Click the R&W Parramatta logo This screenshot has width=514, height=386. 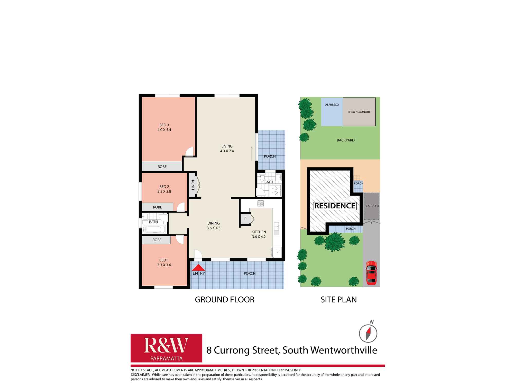(166, 348)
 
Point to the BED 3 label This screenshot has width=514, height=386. (164, 125)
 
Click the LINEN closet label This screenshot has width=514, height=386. (193, 185)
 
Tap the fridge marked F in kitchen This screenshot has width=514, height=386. (277, 252)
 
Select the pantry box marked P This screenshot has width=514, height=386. (245, 219)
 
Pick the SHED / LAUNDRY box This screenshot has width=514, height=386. (359, 112)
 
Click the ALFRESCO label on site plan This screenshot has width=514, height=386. (332, 105)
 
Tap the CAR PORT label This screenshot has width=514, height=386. (372, 206)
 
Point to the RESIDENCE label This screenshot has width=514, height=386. (335, 206)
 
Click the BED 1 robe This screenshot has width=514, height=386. (157, 240)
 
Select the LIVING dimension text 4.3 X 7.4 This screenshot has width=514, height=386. (227, 151)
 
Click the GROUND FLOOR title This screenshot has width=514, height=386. (225, 300)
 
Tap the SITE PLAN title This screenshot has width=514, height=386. (338, 300)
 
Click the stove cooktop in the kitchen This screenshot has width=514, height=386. (261, 203)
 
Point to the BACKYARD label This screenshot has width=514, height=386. (345, 140)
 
